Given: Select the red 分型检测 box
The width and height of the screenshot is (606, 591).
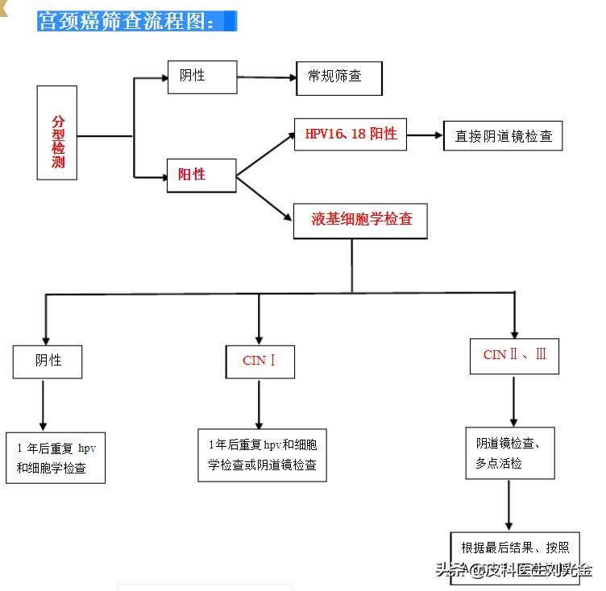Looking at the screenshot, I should tap(57, 134).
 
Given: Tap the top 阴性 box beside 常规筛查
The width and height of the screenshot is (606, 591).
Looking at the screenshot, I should tap(202, 76).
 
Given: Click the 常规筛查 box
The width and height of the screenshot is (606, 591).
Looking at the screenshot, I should tap(338, 77).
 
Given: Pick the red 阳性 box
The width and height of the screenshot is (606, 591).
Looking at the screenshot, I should tap(201, 175).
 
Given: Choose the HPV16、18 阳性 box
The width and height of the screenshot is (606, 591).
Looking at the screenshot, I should tap(351, 134).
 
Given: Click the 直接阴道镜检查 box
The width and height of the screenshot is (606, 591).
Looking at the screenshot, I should tap(503, 135).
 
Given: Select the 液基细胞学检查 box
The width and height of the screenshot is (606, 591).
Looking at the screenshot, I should tap(361, 220).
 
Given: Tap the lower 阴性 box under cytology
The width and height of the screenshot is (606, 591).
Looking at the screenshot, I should tap(48, 361).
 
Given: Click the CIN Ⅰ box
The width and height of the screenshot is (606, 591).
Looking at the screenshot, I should tap(259, 361).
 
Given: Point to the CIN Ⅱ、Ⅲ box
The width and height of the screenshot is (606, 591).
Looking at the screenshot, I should tap(514, 355).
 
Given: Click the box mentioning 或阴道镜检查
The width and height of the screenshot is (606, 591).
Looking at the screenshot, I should tap(262, 455).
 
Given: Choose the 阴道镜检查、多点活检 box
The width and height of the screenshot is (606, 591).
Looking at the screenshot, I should tap(509, 453).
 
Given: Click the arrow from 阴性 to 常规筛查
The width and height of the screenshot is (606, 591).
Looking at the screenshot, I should tap(266, 77).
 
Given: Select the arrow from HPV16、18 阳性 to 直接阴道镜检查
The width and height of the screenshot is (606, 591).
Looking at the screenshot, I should tap(425, 135).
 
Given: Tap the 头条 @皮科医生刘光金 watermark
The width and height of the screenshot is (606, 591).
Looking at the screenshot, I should tap(513, 570).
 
